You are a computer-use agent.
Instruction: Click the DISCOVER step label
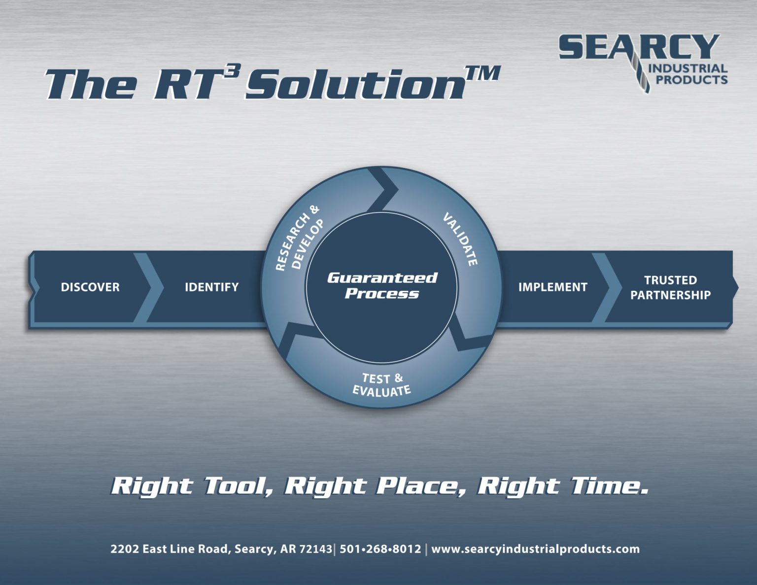click(90, 287)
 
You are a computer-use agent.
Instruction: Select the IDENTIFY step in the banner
click(211, 287)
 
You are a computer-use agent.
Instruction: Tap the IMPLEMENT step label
click(552, 287)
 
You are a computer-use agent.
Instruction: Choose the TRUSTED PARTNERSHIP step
click(670, 287)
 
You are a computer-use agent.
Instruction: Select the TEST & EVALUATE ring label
click(382, 385)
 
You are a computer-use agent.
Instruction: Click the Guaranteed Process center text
click(382, 286)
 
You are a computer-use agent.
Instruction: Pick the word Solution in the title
click(355, 83)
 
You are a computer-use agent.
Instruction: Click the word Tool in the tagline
click(239, 486)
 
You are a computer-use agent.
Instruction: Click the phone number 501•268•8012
click(380, 549)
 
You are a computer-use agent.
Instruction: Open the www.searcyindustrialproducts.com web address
click(535, 549)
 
